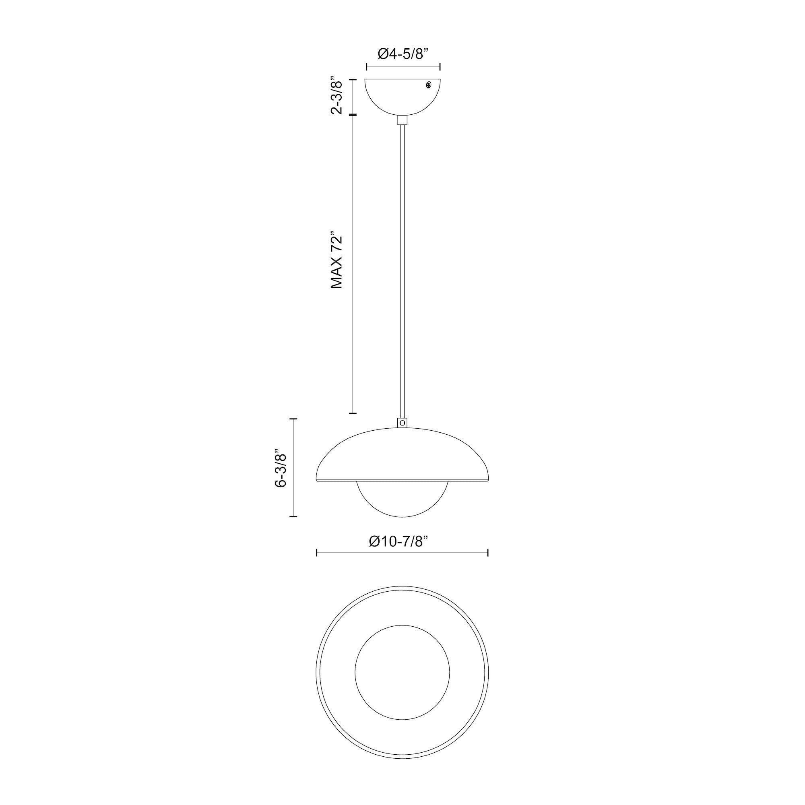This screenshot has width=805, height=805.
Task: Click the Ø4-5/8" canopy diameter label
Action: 403,54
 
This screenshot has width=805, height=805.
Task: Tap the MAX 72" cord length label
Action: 336,260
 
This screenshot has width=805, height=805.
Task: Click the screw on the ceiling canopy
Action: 428,85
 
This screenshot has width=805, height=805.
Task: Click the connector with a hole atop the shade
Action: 402,423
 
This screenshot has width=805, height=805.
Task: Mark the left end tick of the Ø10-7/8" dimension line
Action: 318,553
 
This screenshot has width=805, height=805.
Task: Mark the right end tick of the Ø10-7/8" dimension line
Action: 487,553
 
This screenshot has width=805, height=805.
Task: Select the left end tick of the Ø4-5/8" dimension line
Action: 366,67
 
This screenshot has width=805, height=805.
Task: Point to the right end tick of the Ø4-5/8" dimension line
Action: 440,67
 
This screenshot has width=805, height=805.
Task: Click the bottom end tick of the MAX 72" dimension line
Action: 353,413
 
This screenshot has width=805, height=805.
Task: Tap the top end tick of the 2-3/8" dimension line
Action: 353,79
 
